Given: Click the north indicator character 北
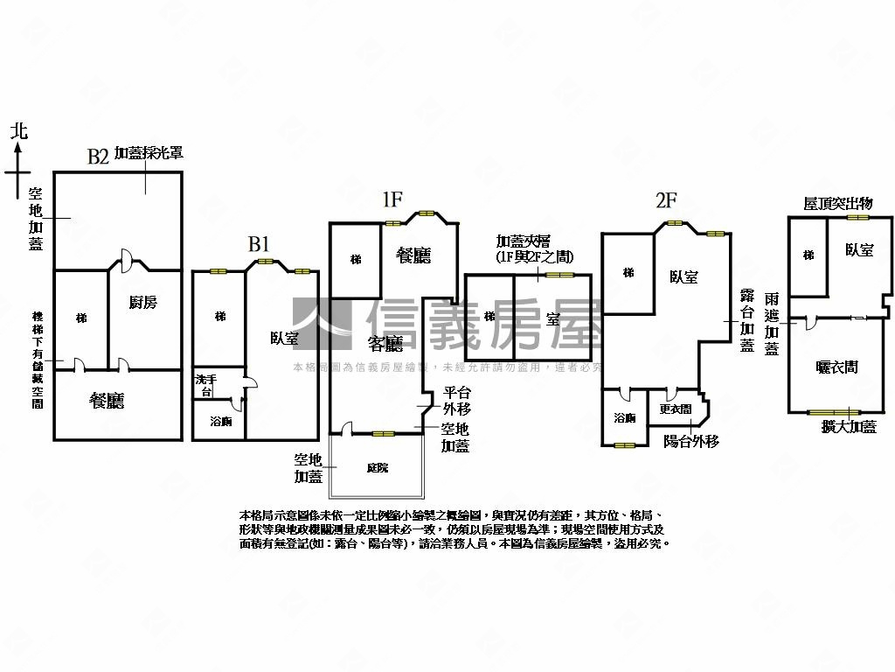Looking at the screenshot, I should (19, 131).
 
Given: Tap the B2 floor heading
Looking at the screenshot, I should (97, 157).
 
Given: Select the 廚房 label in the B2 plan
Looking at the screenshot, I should (143, 303).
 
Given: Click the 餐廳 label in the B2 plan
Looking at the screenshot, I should (108, 400).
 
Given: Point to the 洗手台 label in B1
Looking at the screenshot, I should (203, 385).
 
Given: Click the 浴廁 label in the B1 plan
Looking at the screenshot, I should (221, 421).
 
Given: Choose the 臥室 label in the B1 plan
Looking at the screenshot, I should (284, 338).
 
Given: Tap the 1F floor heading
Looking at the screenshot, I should (392, 199).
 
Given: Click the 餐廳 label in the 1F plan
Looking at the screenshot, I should (413, 255).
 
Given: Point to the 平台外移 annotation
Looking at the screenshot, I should (457, 401).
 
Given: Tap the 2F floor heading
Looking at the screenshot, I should (666, 199).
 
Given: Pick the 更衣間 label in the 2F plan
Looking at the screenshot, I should (676, 409).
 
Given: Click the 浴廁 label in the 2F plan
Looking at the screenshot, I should (625, 418).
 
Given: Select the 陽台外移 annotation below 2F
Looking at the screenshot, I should (691, 442).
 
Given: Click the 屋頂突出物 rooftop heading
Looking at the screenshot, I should (837, 203).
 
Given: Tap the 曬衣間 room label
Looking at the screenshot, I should (836, 367).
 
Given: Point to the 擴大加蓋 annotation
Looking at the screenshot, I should (849, 427).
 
